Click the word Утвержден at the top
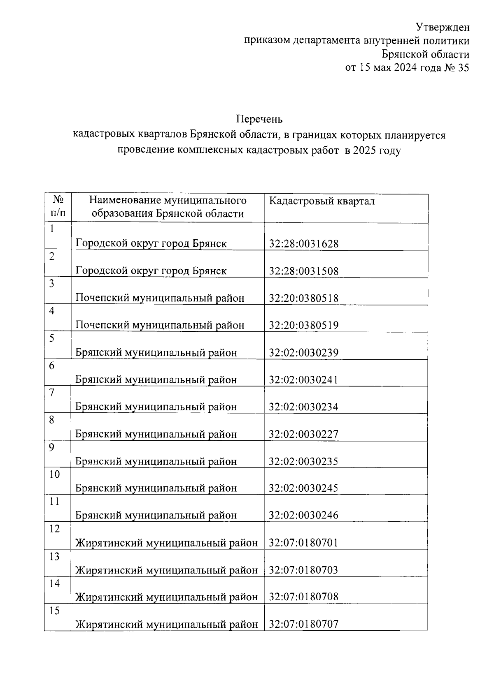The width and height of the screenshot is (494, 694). (442, 28)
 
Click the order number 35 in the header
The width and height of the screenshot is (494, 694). (463, 68)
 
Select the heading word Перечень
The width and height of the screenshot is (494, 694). (259, 119)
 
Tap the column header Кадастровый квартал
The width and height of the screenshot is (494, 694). (322, 201)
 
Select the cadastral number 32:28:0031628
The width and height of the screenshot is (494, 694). (303, 244)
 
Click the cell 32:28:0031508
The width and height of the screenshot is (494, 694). (303, 271)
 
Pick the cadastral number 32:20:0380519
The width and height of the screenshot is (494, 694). (303, 325)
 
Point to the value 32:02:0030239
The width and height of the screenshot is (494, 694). (303, 352)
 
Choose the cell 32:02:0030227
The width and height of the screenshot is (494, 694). (303, 434)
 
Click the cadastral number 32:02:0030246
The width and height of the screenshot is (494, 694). (303, 515)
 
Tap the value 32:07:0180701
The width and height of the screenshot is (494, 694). (303, 543)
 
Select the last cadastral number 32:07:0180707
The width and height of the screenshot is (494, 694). (303, 624)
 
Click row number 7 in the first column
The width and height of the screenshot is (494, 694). (52, 393)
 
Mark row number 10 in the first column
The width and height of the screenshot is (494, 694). (54, 474)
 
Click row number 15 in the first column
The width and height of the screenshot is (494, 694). (54, 611)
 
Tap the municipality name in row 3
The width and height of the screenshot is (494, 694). (160, 298)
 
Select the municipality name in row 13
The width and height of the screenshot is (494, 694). (166, 570)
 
